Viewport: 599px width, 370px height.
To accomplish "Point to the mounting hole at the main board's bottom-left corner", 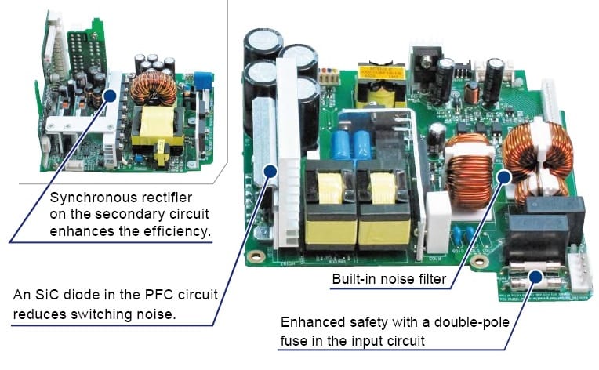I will click(253, 256).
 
